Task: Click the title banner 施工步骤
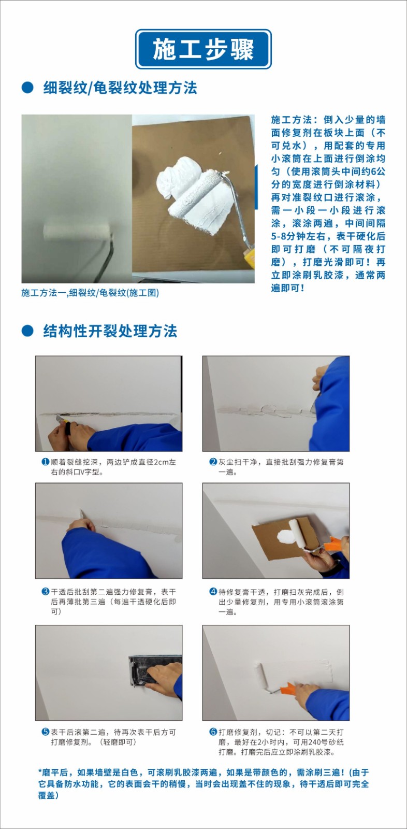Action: click(203, 49)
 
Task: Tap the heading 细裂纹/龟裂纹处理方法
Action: click(120, 88)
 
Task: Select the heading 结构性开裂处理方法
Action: click(110, 331)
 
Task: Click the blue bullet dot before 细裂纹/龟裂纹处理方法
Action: click(27, 88)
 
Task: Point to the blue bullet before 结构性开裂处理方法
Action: click(27, 331)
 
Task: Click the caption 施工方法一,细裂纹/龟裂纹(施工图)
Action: click(90, 293)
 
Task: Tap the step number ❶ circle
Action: click(46, 462)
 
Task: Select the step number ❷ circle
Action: click(213, 462)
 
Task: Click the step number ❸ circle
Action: click(46, 591)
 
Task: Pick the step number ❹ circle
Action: click(213, 591)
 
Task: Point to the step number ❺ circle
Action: click(46, 732)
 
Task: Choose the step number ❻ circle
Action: click(213, 732)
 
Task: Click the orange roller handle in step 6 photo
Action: click(288, 689)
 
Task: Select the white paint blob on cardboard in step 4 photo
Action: click(284, 535)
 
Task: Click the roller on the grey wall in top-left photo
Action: click(77, 232)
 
